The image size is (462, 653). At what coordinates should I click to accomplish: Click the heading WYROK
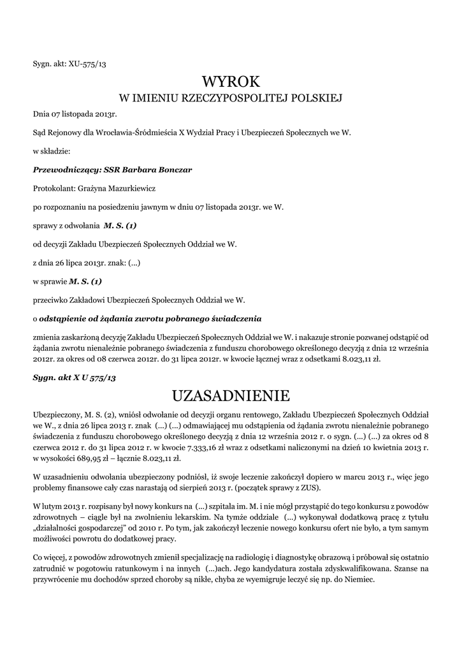(231, 82)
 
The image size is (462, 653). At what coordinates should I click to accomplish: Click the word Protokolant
(53, 189)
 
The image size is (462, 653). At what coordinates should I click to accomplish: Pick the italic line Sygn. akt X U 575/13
(74, 378)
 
